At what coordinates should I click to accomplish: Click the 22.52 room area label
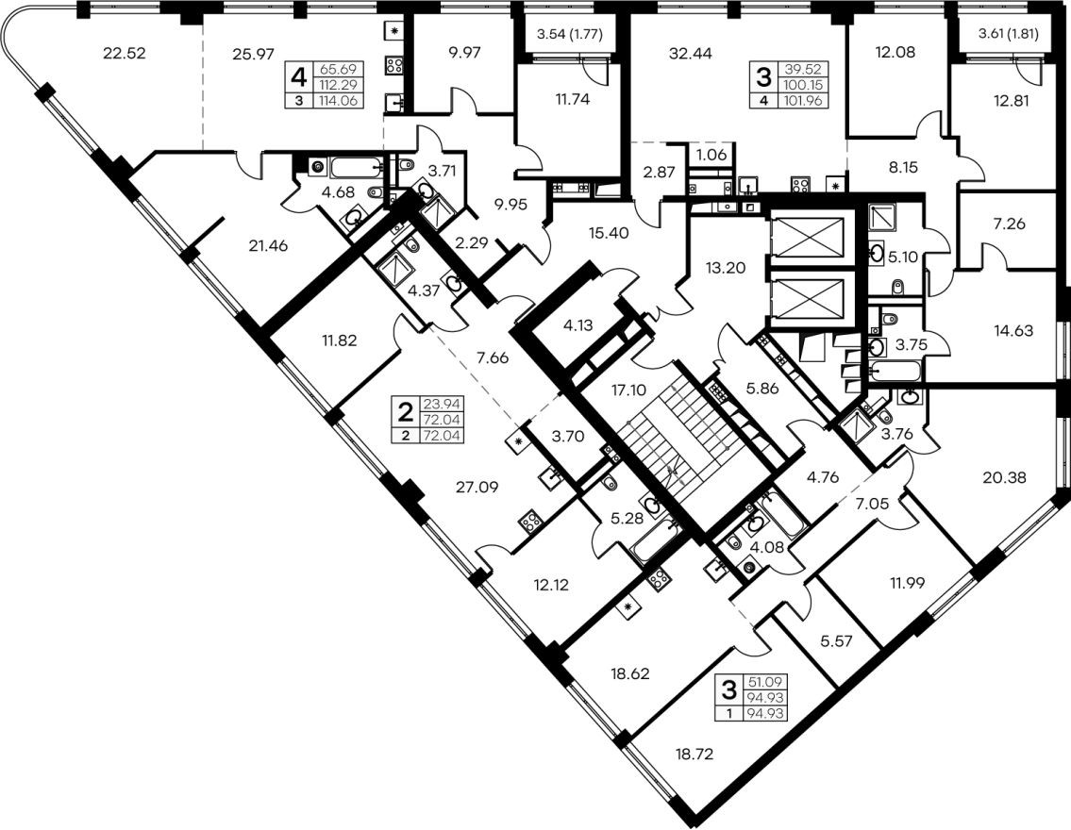point(125,53)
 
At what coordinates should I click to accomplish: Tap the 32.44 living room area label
point(691,53)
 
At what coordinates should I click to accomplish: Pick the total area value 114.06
point(338,101)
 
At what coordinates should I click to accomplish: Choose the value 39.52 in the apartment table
point(808,69)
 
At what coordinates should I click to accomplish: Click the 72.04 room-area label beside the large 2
point(442,420)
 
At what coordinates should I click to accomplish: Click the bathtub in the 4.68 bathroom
point(358,167)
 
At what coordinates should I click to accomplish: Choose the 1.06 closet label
point(711,155)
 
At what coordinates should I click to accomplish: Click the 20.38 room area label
point(1004,478)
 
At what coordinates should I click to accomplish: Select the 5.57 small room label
point(837,641)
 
